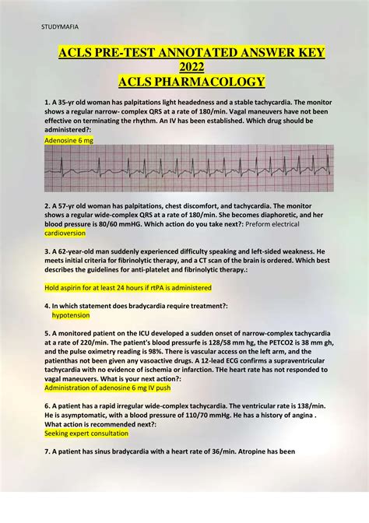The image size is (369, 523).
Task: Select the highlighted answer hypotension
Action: click(x=71, y=316)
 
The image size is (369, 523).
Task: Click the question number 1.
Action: click(x=47, y=103)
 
